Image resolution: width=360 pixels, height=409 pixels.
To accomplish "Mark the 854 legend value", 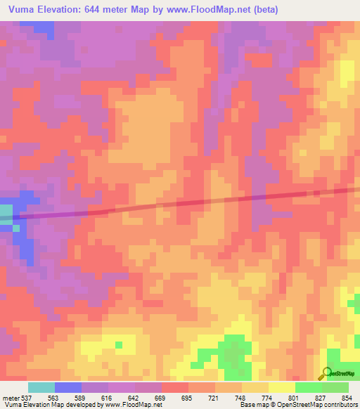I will (345, 398).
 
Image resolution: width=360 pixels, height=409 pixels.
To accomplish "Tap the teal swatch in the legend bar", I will (41, 387).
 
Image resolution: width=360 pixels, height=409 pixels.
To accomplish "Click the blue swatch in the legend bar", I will (68, 387).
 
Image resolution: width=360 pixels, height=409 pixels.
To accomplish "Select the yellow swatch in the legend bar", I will (281, 387).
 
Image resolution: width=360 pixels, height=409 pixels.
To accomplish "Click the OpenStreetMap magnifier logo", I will (326, 373).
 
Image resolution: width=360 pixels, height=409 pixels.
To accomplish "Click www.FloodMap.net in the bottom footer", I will (132, 405).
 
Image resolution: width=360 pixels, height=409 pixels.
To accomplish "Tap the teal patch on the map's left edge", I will (6, 214).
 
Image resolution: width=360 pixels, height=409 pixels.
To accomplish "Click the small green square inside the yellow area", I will (118, 345).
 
